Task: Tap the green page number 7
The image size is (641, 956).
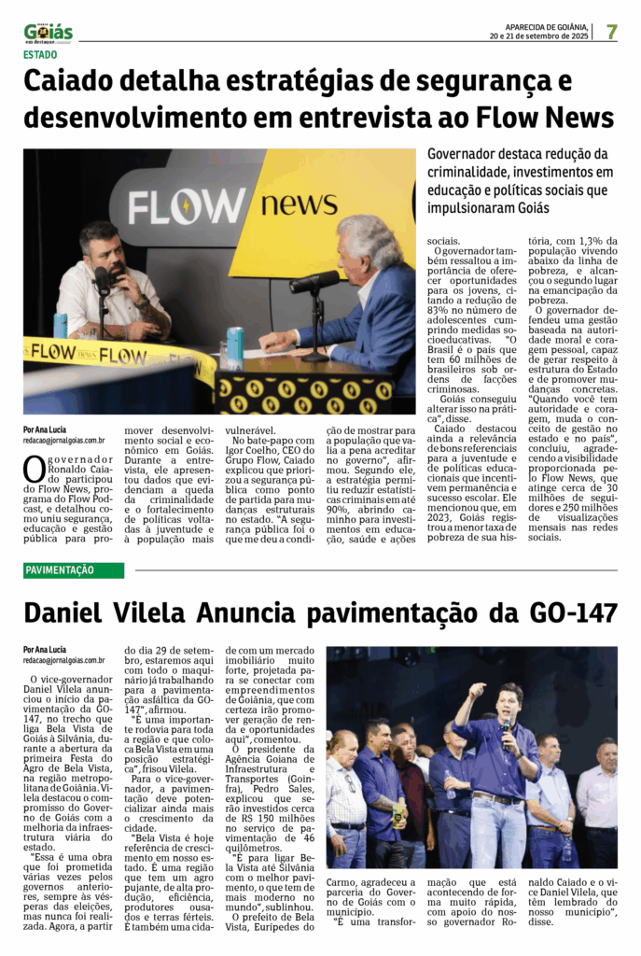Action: [x=611, y=32]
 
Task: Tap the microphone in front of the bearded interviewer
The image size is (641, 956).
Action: [x=102, y=279]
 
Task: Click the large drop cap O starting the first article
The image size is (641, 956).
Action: [x=35, y=469]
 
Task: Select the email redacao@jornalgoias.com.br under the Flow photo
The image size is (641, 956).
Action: [x=64, y=439]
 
